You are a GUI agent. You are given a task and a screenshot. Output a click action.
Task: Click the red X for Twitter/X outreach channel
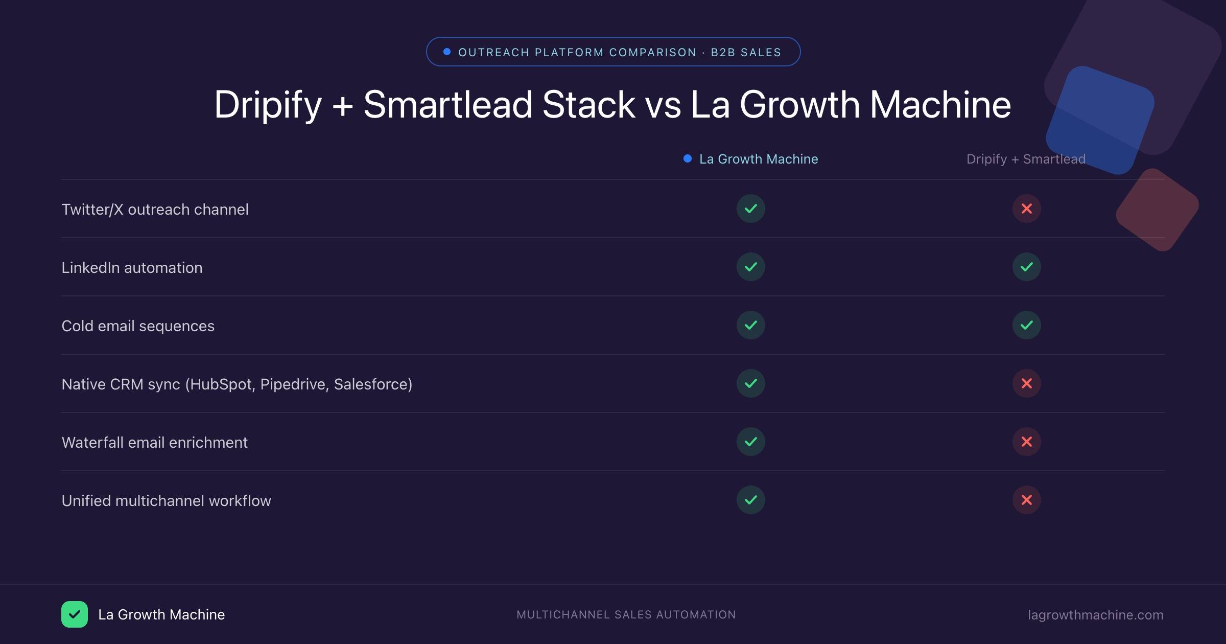click(1026, 209)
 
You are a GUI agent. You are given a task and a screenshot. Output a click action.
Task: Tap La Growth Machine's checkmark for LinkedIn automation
click(750, 267)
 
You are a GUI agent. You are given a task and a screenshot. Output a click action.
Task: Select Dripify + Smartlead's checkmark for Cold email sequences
click(1026, 325)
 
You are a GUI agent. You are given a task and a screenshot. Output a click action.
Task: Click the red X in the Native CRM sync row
click(1026, 383)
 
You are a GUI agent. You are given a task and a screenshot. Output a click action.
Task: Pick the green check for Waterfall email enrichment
click(750, 442)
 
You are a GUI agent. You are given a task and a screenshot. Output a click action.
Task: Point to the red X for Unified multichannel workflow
click(1026, 500)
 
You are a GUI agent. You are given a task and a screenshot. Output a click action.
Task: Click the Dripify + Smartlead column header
click(1026, 159)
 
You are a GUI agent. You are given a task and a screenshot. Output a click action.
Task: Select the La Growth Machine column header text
click(759, 159)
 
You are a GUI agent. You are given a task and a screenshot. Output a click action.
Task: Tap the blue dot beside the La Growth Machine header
click(688, 158)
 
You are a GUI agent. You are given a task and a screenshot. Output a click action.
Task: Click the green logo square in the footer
click(75, 614)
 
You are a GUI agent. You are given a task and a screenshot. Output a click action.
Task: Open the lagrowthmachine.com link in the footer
click(1095, 615)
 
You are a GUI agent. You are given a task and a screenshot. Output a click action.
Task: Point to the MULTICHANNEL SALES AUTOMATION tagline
click(626, 615)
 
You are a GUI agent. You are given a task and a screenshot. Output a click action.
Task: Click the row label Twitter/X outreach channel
click(155, 210)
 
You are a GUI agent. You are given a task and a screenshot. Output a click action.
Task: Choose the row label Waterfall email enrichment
click(154, 443)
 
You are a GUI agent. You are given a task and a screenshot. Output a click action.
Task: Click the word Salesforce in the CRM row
click(372, 384)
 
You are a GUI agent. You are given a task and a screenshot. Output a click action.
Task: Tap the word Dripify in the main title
click(268, 105)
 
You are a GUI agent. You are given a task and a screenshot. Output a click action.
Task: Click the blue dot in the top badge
click(447, 52)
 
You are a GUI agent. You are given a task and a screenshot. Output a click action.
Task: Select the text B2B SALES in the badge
click(746, 52)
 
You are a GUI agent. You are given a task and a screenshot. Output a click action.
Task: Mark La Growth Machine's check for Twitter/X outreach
click(750, 209)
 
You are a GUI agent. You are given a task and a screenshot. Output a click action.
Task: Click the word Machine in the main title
click(940, 104)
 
